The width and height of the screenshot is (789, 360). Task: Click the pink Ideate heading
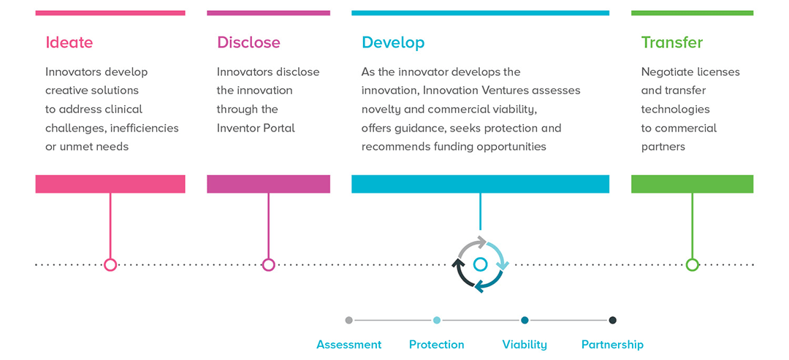pos(69,42)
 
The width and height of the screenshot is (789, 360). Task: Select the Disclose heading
pos(248,42)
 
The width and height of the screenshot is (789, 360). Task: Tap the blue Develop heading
pos(393,42)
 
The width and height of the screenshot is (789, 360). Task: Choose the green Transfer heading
pos(671,42)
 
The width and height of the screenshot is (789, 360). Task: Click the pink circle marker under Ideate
pos(110,264)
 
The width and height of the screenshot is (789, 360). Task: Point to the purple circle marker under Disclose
pos(268,264)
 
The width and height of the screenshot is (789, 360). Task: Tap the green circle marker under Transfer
pos(692,264)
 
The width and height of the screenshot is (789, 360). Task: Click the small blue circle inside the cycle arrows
pos(480,264)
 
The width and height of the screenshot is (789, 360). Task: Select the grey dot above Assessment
pos(348,320)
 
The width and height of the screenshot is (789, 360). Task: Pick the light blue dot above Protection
pos(437,320)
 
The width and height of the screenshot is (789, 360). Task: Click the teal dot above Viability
pos(525,320)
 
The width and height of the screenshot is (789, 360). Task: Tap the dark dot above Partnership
pos(612,320)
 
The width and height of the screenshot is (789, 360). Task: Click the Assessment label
pos(348,345)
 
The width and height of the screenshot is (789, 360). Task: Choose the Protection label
pos(436,345)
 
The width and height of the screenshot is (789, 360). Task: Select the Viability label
pos(525,345)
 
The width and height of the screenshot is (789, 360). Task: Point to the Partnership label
pos(612,345)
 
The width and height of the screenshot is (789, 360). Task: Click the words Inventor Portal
pos(256,128)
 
